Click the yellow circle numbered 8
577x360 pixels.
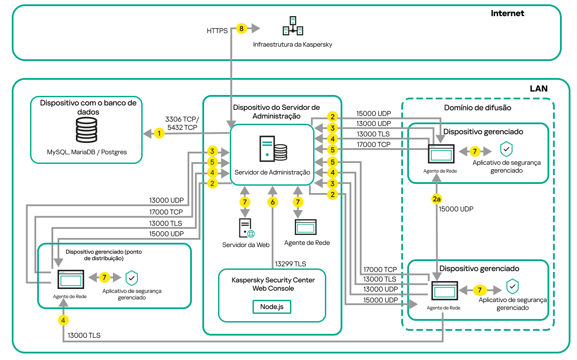click(241, 29)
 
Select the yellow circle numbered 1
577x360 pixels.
click(160, 133)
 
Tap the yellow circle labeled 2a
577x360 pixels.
click(437, 199)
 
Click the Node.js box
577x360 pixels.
click(272, 306)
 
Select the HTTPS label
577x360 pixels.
click(217, 31)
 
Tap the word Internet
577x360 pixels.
click(507, 13)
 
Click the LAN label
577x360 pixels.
click(538, 88)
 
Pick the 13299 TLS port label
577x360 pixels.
click(290, 264)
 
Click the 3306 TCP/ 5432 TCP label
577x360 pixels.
click(182, 123)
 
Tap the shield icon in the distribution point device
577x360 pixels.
click(132, 278)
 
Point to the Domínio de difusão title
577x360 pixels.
click(478, 107)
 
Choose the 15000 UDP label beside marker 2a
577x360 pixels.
click(456, 209)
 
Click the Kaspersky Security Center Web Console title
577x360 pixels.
click(273, 284)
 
